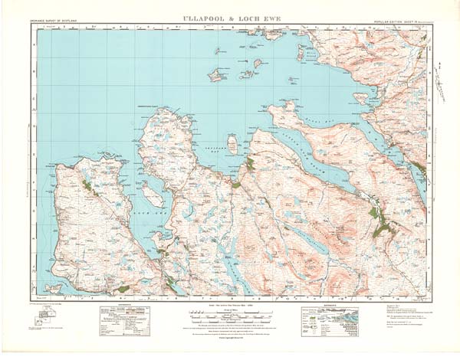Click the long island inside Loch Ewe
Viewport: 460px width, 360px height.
pyautogui.click(x=154, y=196)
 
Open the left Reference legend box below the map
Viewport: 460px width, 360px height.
pyautogui.click(x=123, y=322)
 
